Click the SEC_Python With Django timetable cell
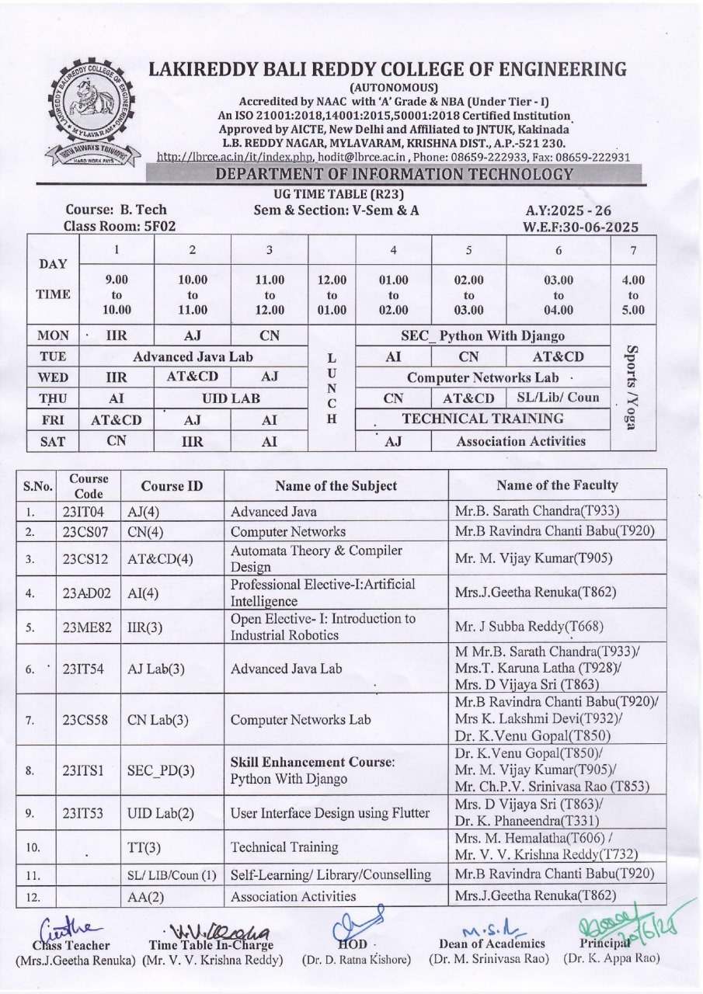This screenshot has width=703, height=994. (482, 336)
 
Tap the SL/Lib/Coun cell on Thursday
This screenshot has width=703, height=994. (558, 398)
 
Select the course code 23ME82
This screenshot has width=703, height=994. (87, 627)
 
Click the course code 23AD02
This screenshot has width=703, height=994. (87, 593)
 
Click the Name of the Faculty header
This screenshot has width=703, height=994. (557, 485)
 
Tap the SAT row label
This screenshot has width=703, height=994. (53, 441)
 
